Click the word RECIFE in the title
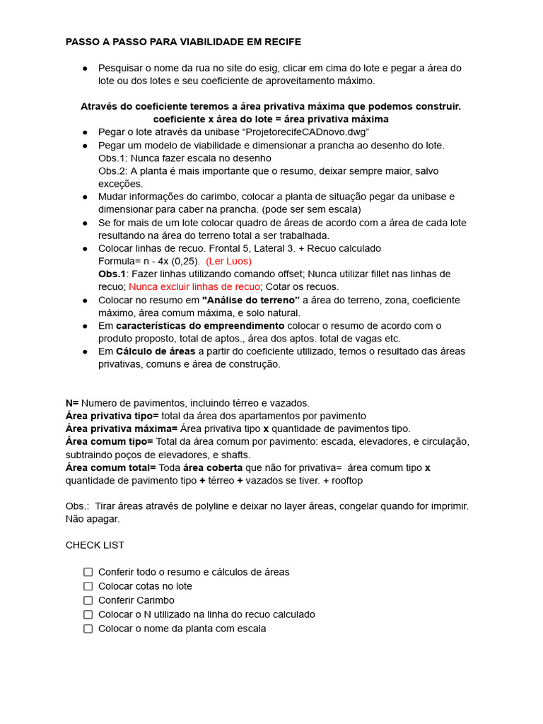click(282, 42)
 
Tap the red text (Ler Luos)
click(228, 261)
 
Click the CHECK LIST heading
click(95, 545)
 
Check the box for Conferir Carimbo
click(88, 600)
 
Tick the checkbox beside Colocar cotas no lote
click(88, 586)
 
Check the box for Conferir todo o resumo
click(88, 572)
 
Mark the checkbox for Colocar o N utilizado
click(88, 614)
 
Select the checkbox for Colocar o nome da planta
click(88, 629)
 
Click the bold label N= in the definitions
click(72, 403)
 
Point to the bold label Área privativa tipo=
click(112, 416)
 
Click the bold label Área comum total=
click(110, 467)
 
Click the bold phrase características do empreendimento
click(200, 325)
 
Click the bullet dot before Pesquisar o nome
click(85, 68)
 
